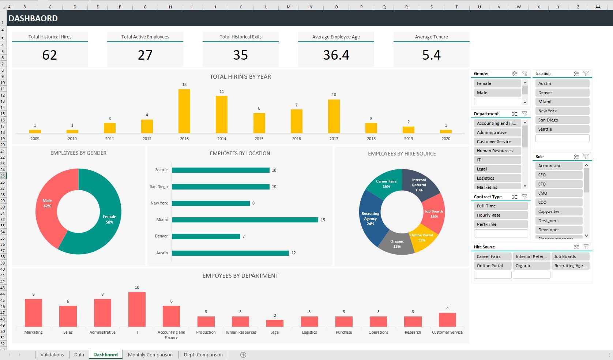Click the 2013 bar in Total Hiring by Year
184,111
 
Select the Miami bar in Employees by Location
245,220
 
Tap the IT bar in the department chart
137,309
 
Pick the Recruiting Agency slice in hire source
370,219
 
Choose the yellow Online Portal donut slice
422,240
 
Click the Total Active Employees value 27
145,55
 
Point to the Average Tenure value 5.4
431,55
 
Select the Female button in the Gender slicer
497,83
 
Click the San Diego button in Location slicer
562,120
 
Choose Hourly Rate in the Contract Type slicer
500,215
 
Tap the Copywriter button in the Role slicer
559,211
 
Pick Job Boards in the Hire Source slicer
570,256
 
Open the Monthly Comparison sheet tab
150,355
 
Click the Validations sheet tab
52,355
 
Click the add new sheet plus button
243,355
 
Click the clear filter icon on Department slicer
524,114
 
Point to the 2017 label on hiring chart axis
334,139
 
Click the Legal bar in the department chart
275,323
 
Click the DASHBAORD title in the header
33,18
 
